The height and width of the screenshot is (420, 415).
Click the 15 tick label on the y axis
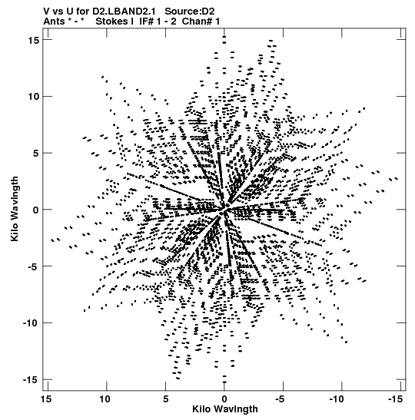click(33, 40)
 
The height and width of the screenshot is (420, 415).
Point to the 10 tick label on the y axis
click(33, 97)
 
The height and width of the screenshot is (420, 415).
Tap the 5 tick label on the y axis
click(36, 154)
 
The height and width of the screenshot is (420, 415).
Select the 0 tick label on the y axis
click(36, 210)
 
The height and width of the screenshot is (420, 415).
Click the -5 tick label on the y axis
click(33, 266)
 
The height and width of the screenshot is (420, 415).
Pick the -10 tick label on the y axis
click(31, 323)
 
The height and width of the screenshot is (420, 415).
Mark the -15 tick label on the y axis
click(31, 380)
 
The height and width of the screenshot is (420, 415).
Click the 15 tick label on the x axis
click(46, 399)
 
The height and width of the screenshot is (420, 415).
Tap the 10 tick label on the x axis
click(105, 399)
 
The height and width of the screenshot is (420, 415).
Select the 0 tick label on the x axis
click(224, 399)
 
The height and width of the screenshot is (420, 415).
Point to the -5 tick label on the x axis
click(281, 399)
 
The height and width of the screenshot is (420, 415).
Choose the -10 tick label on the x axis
click(337, 399)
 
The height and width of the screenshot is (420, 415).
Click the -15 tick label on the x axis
click(396, 399)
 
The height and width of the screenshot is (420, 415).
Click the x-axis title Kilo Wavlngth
click(225, 409)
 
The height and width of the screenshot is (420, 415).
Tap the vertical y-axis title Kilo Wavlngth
click(15, 209)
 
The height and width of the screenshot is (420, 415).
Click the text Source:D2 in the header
click(190, 12)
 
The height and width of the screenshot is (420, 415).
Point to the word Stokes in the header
click(112, 21)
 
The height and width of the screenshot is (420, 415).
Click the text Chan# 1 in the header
click(201, 21)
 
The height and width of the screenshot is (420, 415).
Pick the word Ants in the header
click(54, 21)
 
